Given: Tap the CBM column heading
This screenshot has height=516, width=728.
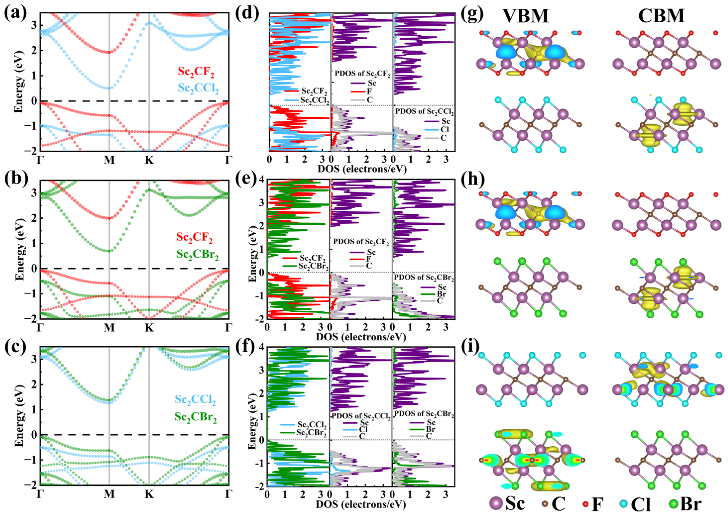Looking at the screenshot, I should (x=661, y=16).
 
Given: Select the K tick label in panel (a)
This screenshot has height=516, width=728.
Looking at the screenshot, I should (x=149, y=160).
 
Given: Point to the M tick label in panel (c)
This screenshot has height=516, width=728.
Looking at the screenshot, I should (x=109, y=494).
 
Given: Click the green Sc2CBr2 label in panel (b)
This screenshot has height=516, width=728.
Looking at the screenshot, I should (x=197, y=255).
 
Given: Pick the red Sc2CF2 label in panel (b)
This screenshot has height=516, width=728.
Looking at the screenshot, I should (x=195, y=237).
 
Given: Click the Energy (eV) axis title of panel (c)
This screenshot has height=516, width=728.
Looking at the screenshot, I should (x=19, y=417).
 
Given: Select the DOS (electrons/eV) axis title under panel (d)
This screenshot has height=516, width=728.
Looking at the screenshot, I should (x=362, y=169).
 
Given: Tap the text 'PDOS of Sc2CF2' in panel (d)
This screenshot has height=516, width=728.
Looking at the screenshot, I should (x=362, y=73).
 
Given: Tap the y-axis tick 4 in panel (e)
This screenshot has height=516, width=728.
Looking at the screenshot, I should (x=261, y=180).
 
